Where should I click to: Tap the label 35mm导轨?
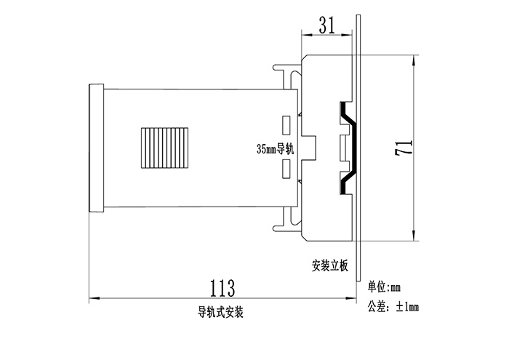[273, 149]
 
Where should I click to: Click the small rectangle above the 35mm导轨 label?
[286, 124]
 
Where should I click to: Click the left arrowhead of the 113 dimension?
[92, 298]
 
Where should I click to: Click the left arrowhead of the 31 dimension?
[305, 33]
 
